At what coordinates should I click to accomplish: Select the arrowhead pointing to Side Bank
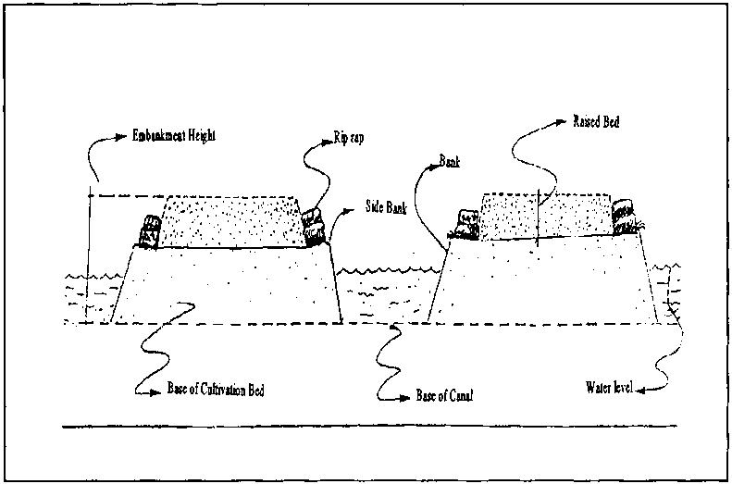pyautogui.click(x=351, y=211)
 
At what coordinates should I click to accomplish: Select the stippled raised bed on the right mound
pyautogui.click(x=543, y=215)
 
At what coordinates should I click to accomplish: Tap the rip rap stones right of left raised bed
pyautogui.click(x=312, y=225)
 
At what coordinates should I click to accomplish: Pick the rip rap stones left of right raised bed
pyautogui.click(x=465, y=223)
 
